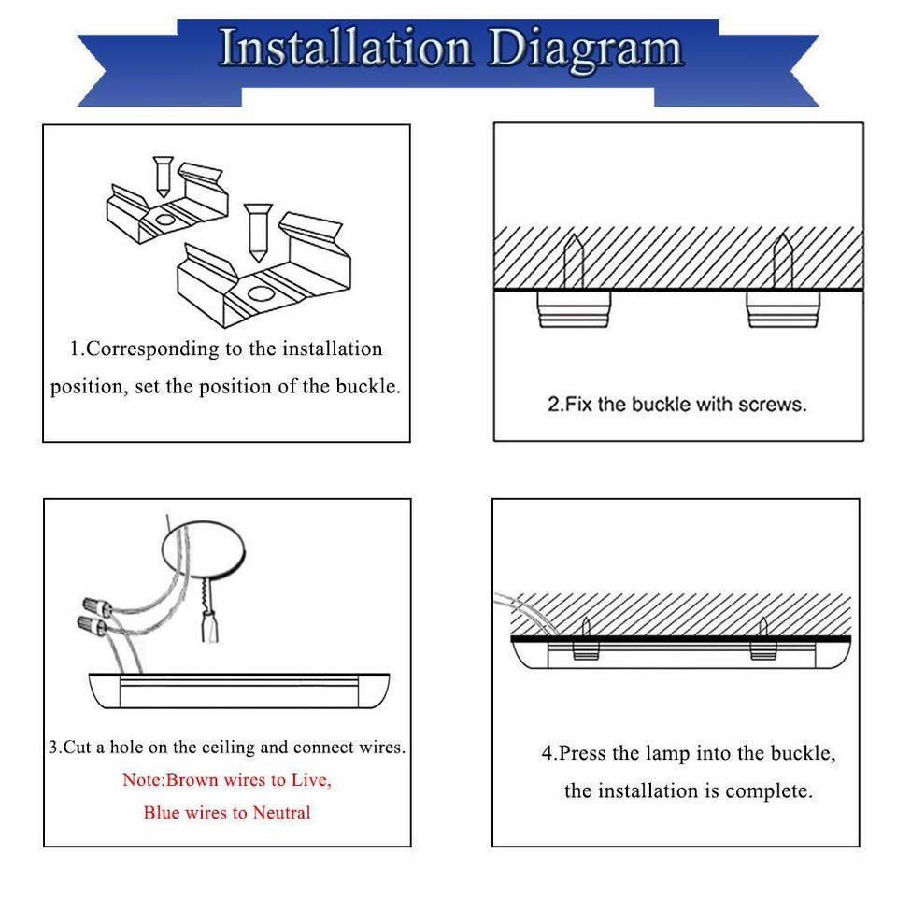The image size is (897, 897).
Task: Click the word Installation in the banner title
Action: pyautogui.click(x=346, y=49)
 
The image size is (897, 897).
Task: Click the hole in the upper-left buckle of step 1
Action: pyautogui.click(x=165, y=221)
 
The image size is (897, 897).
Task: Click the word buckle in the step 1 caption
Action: pyautogui.click(x=365, y=386)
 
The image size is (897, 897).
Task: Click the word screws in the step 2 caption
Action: pyautogui.click(x=772, y=405)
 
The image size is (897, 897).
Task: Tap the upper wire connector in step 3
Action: pyautogui.click(x=96, y=595)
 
